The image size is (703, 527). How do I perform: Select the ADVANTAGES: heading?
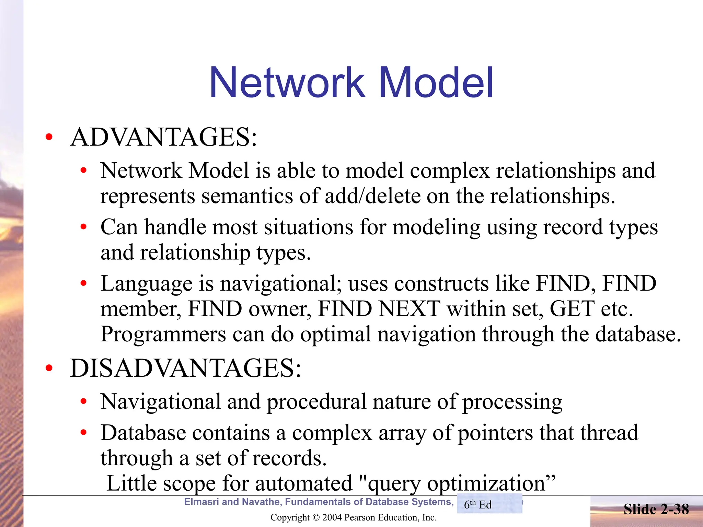coord(163,137)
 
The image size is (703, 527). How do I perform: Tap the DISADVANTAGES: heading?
coord(185,368)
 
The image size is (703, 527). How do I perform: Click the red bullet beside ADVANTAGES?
coord(49,137)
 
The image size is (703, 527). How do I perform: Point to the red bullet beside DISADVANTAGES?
coord(49,368)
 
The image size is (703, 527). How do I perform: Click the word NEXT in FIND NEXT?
coord(409,309)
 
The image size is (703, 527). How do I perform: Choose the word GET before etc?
coord(572,309)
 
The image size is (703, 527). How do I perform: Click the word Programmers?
coord(163,334)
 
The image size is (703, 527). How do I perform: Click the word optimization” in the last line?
coord(491,483)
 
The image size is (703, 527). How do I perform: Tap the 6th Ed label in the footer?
coord(478,505)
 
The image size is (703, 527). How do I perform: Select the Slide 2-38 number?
coord(656,509)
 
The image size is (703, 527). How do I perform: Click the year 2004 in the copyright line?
coord(332,517)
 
